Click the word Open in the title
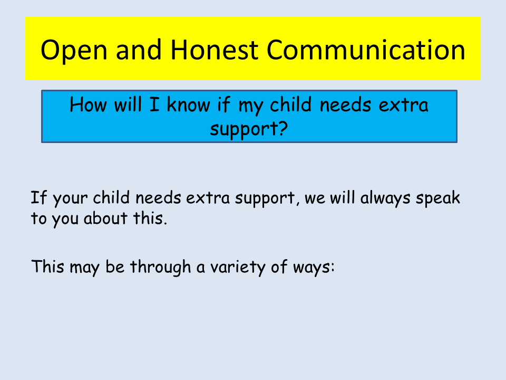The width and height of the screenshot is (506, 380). (74, 51)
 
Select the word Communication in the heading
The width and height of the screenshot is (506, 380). (366, 50)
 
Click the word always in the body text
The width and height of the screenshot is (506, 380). (385, 199)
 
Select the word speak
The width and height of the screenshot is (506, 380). (437, 198)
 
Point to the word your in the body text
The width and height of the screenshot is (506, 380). (70, 199)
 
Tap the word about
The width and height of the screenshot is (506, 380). (105, 218)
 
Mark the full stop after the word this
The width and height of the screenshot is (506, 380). (165, 223)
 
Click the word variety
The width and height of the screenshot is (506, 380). (238, 268)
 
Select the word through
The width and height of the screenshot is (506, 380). (160, 268)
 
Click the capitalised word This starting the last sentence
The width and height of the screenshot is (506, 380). (48, 267)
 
